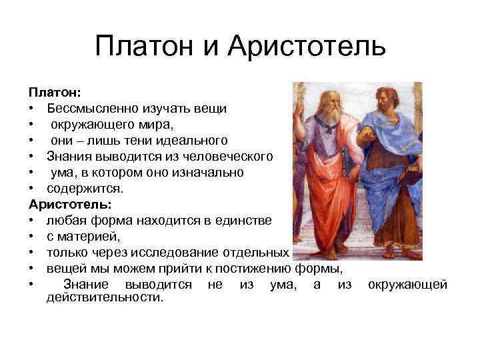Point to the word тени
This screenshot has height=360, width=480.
coord(155,140)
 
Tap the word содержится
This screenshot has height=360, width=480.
coord(81,189)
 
